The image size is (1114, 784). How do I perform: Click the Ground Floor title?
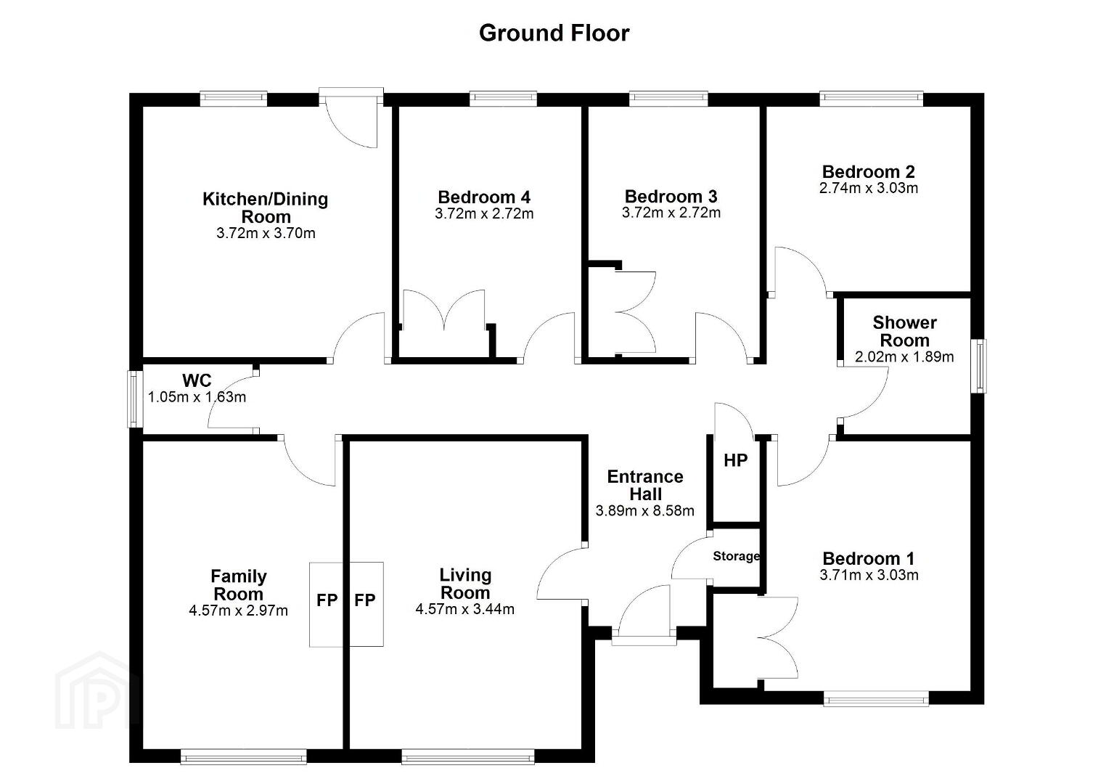point(554,33)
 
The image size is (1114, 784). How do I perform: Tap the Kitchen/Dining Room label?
point(266,208)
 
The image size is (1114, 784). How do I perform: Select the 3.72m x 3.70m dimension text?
point(266,233)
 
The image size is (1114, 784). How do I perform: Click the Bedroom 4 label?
point(484,197)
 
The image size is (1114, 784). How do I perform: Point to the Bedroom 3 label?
point(671,196)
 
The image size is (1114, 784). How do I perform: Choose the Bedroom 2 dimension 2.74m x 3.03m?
point(868,188)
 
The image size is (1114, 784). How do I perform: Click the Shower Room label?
point(905,331)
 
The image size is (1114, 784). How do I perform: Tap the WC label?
point(197,380)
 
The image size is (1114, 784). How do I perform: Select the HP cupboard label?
point(736,461)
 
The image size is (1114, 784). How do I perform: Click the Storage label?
point(736,556)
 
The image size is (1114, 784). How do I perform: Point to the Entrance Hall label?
point(645,486)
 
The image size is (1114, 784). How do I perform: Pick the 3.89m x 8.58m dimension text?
point(645,511)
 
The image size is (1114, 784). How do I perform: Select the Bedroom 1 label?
point(868,558)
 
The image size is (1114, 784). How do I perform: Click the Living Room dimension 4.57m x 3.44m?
point(465,609)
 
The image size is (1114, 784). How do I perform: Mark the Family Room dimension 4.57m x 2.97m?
point(238,611)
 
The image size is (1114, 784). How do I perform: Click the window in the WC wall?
point(134,399)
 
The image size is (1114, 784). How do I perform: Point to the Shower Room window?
point(979,366)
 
